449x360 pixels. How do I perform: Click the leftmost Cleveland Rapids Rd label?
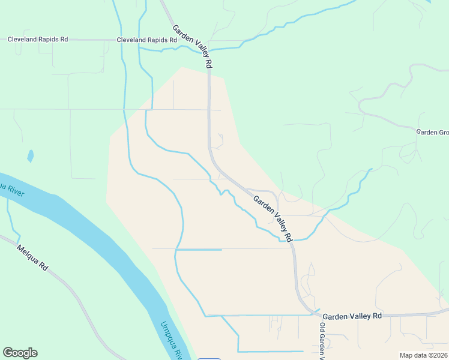coord(37,40)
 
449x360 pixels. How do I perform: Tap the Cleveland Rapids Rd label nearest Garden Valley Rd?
coord(146,40)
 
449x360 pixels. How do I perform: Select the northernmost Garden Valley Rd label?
coord(193,46)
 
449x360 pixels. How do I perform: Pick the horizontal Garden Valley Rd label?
coord(352,316)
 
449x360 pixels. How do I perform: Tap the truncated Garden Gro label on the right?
coord(432,131)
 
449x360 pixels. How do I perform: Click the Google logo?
coord(20,353)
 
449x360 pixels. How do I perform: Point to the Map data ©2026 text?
coord(423,355)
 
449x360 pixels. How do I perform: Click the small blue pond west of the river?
coord(30,157)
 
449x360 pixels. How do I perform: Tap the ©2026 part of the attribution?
coord(436,355)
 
